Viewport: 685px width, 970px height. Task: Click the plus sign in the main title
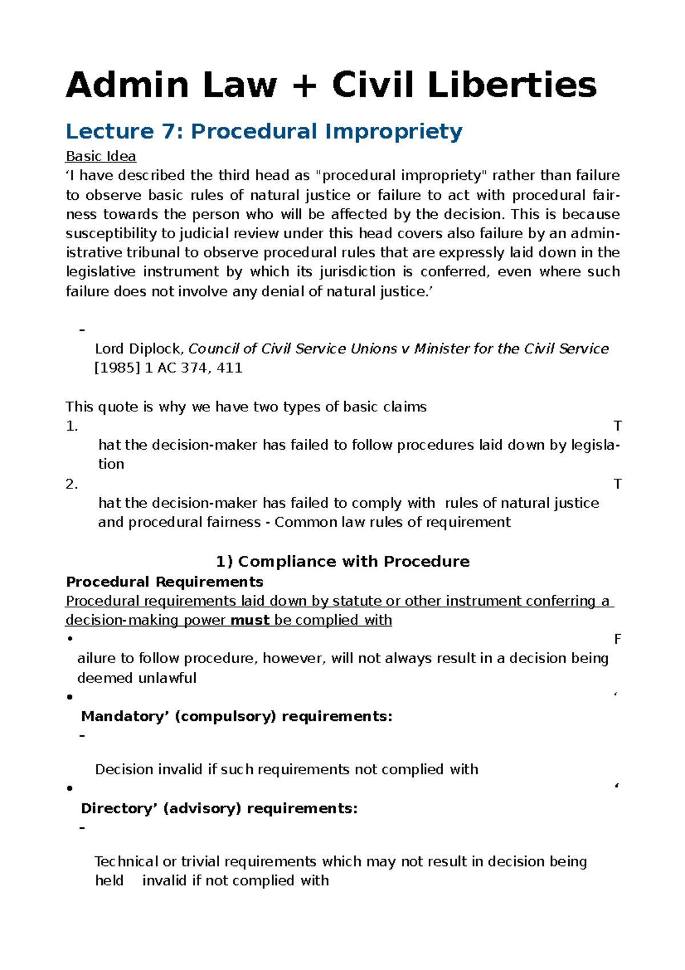coord(304,86)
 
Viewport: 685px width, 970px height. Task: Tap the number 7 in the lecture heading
coord(169,131)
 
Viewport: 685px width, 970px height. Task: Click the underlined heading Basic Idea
coord(100,157)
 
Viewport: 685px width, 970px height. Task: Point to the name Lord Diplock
coord(139,349)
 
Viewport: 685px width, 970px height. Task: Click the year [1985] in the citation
coord(117,368)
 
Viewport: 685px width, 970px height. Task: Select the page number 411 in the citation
coord(229,368)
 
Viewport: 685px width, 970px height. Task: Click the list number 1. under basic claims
coord(71,426)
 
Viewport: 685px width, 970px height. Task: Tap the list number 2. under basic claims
coord(71,484)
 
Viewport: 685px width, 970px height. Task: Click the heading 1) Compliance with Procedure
coord(342,562)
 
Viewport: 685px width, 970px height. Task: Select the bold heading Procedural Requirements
coord(164,582)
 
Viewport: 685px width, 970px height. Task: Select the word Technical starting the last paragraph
coord(126,861)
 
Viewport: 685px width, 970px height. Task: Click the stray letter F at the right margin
coord(617,640)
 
